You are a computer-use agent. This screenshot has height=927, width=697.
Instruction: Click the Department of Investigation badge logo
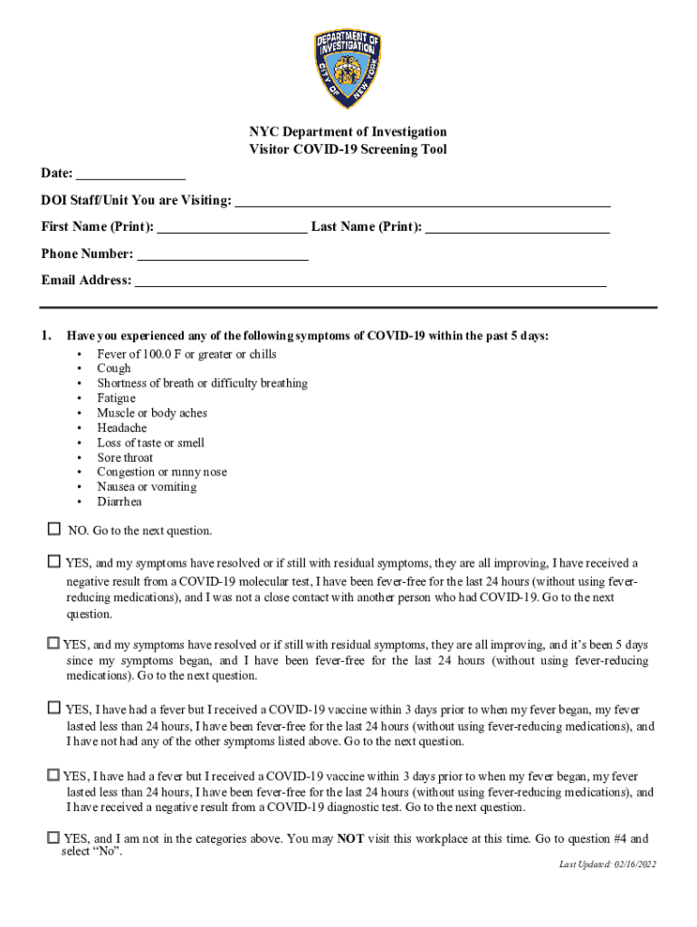click(x=348, y=70)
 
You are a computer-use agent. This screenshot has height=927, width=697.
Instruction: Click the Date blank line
click(x=130, y=173)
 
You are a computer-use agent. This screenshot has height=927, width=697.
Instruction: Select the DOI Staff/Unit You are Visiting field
click(x=422, y=200)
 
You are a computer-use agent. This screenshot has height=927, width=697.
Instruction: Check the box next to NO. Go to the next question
click(x=53, y=529)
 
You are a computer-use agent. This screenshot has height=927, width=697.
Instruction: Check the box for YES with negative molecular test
click(x=53, y=561)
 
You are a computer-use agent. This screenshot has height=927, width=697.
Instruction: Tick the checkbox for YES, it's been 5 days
click(x=53, y=643)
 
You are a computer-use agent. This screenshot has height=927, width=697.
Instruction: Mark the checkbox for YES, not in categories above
click(x=53, y=837)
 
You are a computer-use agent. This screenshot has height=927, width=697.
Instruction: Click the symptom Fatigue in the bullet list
click(x=116, y=398)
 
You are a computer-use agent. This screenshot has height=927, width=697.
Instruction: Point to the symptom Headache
click(x=121, y=428)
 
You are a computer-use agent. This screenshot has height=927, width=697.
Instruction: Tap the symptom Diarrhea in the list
click(x=119, y=502)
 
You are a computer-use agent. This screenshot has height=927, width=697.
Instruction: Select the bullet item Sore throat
click(x=125, y=458)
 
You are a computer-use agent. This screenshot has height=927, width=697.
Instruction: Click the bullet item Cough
click(x=114, y=368)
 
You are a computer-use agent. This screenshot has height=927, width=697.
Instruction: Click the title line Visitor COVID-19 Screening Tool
click(x=348, y=149)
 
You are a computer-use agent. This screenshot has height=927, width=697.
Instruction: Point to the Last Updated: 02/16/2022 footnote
click(x=606, y=865)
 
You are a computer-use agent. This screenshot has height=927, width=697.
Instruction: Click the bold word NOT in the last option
click(x=350, y=839)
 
